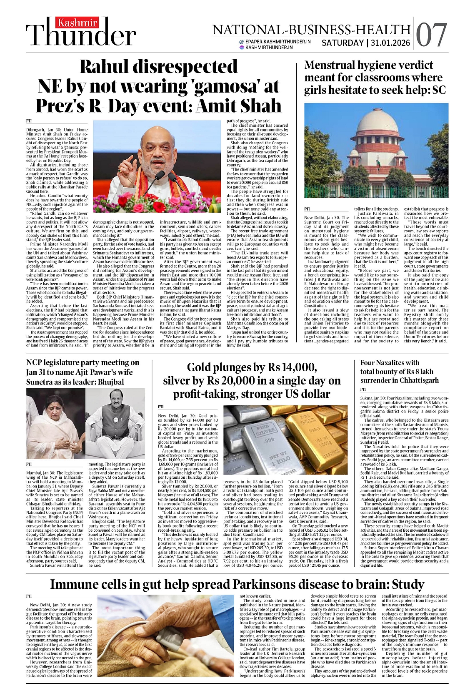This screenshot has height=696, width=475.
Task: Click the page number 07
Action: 431,35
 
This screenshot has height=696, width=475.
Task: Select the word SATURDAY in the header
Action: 342,43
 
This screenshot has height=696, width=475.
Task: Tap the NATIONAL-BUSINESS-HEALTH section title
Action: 311,30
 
